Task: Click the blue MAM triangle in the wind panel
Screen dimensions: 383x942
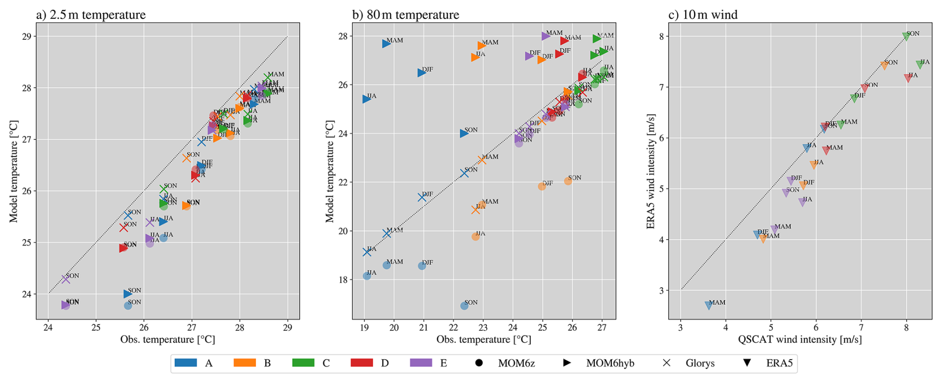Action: tap(708, 305)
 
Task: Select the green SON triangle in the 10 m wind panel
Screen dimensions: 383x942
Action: tap(906, 37)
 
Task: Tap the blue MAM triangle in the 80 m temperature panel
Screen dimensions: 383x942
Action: tap(386, 44)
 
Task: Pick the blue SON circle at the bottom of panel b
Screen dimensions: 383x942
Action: tap(464, 306)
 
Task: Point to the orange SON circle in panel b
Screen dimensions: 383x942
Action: tap(568, 181)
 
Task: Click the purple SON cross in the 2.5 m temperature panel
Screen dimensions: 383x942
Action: tap(66, 279)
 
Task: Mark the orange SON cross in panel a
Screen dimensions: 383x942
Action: tap(187, 158)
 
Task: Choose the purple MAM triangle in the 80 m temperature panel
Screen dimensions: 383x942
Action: tap(545, 36)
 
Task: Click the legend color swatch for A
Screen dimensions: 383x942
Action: tap(186, 363)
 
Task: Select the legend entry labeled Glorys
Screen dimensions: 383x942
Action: tap(700, 363)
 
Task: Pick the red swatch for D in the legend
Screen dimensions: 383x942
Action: tap(362, 363)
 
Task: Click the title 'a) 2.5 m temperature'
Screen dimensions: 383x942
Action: tap(91, 14)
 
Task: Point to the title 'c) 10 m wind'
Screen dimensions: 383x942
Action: tap(703, 14)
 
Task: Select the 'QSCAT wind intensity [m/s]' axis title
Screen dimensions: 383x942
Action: tap(800, 340)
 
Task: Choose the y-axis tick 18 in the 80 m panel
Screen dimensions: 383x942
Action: tap(342, 280)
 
